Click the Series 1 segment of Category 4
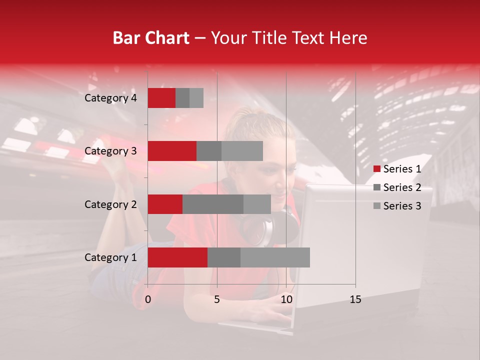click(x=161, y=98)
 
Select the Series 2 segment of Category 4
click(x=182, y=98)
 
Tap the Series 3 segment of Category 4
click(x=196, y=98)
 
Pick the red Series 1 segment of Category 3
click(x=172, y=151)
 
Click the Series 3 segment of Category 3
click(x=242, y=151)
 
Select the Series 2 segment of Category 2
click(x=213, y=204)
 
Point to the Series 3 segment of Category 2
click(x=257, y=204)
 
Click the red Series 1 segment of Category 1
click(x=177, y=257)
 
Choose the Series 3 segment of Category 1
click(x=275, y=257)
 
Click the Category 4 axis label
click(x=110, y=98)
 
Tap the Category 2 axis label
click(x=110, y=204)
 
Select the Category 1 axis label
click(x=110, y=257)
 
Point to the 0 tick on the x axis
click(x=148, y=299)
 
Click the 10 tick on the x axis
click(x=286, y=299)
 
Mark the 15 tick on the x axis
click(x=355, y=299)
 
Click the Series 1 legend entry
click(x=397, y=169)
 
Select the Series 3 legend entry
click(x=397, y=206)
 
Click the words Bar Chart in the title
click(x=151, y=37)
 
